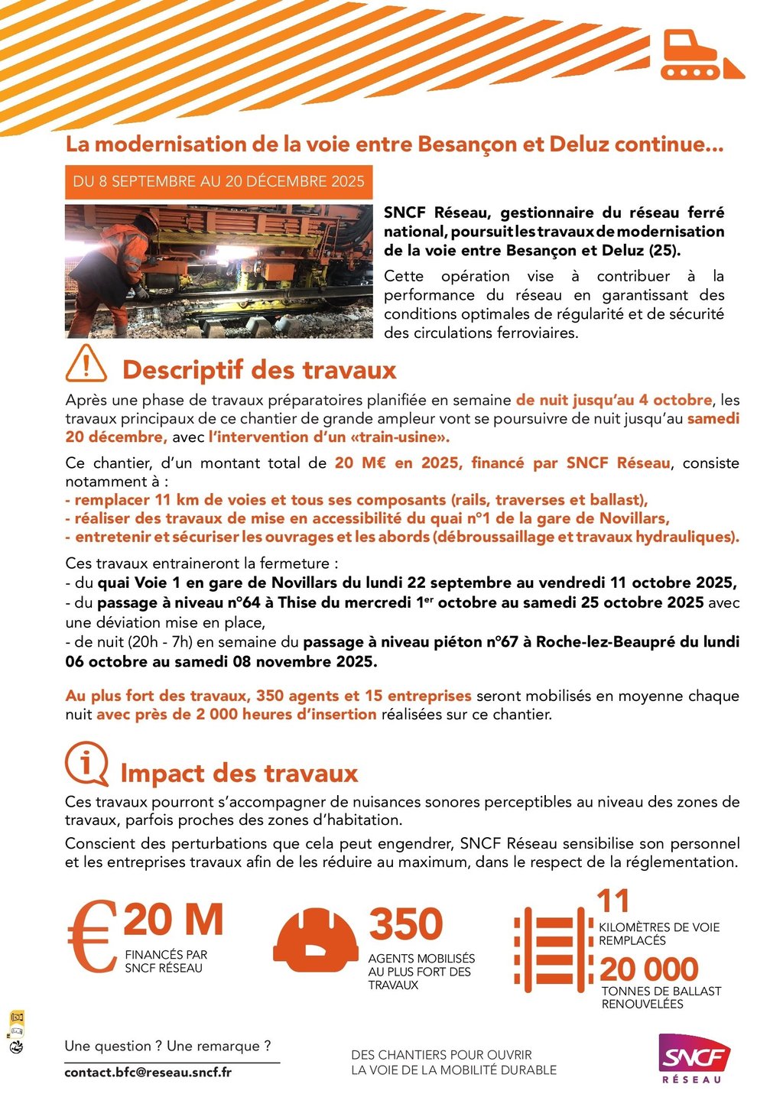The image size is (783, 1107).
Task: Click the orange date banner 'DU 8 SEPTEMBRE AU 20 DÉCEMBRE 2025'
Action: pos(219,182)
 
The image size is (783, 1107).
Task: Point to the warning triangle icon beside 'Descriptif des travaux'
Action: pos(86,364)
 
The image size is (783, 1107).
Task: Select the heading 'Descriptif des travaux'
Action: pos(259,370)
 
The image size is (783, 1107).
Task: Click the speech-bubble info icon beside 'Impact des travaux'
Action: pos(86,764)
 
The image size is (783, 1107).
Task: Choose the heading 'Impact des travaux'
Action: pos(239,773)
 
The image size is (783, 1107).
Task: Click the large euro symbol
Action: pos(92,936)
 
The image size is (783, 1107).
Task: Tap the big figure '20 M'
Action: pos(174,920)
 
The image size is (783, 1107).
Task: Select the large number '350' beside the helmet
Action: pos(406,924)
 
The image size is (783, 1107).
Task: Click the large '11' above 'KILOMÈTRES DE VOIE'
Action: pos(614,902)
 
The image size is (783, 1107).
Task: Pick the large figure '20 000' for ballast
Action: pos(649,969)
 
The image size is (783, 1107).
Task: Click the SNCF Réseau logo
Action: pos(694,1057)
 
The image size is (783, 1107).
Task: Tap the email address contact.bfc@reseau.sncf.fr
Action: pos(148,1072)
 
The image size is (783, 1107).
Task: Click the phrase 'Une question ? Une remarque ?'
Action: pos(168,1046)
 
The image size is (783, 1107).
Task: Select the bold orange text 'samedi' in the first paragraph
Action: pos(713,419)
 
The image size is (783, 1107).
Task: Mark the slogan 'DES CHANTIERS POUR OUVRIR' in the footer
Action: pos(441,1055)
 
